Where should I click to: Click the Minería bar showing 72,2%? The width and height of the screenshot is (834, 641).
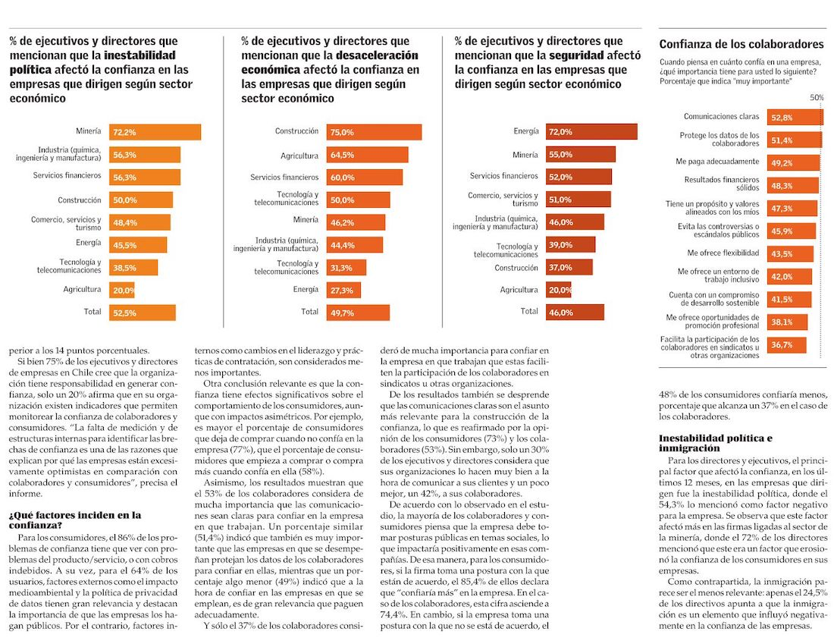pos(155,132)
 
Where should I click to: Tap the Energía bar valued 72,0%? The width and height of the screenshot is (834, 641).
pos(591,132)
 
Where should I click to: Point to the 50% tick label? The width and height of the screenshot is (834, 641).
pos(817,98)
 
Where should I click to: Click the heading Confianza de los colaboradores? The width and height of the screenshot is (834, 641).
pos(741,45)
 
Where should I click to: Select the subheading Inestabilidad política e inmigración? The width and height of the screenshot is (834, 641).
pos(715,443)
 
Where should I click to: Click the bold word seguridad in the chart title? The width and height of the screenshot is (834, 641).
pos(577,55)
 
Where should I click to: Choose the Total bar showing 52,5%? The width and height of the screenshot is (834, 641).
pos(143,313)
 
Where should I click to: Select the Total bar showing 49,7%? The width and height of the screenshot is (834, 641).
pos(359,313)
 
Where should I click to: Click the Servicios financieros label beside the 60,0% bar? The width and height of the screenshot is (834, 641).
pos(284,178)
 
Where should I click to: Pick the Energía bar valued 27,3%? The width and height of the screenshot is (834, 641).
pos(344,290)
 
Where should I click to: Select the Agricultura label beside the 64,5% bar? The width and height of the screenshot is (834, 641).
pos(299,155)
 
